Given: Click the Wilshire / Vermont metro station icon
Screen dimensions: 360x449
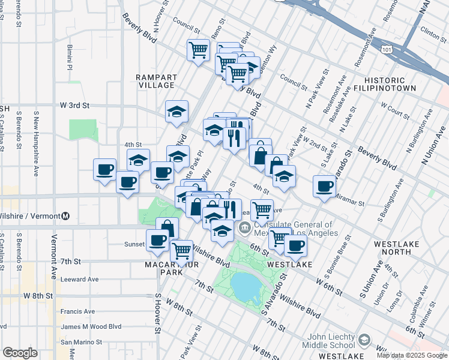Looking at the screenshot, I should [x=66, y=216].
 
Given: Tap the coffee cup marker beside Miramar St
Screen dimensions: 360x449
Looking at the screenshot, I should [x=325, y=185].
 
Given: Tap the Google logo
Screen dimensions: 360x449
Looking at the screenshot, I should [x=20, y=353].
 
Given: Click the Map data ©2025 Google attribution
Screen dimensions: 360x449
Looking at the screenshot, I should [x=412, y=355].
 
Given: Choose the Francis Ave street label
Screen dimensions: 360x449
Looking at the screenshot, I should [x=77, y=311].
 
